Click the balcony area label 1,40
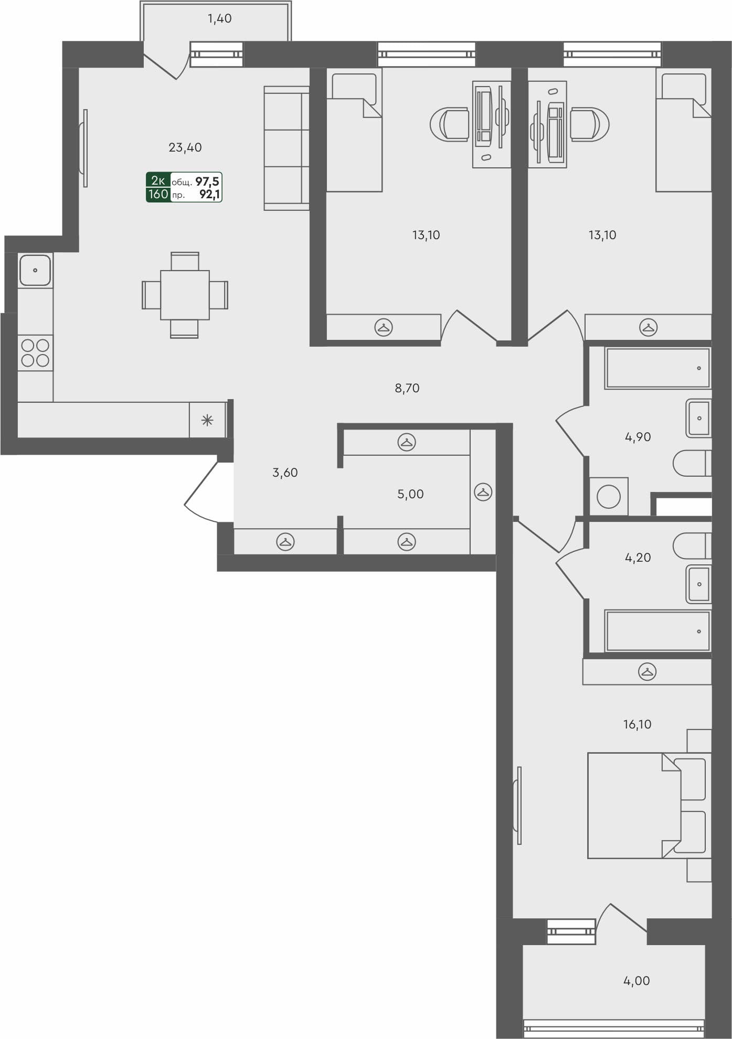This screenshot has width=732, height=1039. click(x=219, y=19)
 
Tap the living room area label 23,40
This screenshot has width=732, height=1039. click(x=185, y=148)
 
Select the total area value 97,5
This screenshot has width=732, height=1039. click(x=207, y=181)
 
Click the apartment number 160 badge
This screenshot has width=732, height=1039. click(x=158, y=195)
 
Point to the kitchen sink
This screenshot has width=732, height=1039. click(x=35, y=270)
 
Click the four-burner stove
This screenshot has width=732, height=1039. click(x=35, y=352)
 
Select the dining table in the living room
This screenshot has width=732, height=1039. click(x=185, y=295)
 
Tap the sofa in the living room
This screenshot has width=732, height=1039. click(x=286, y=148)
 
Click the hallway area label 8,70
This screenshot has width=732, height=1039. click(x=407, y=388)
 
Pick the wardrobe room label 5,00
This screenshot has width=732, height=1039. click(x=410, y=494)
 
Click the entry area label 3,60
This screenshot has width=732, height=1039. click(x=285, y=473)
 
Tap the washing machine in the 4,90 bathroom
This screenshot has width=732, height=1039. click(x=609, y=496)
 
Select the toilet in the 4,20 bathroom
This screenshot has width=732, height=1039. click(x=692, y=546)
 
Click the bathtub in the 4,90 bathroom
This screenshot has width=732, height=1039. click(x=657, y=368)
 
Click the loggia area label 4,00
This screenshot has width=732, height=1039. click(x=636, y=980)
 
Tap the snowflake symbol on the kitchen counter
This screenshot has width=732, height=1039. click(x=207, y=420)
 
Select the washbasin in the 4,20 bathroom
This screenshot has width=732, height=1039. click(x=698, y=584)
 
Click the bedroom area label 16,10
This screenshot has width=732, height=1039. click(x=637, y=724)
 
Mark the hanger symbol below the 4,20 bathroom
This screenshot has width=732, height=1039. click(x=648, y=672)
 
